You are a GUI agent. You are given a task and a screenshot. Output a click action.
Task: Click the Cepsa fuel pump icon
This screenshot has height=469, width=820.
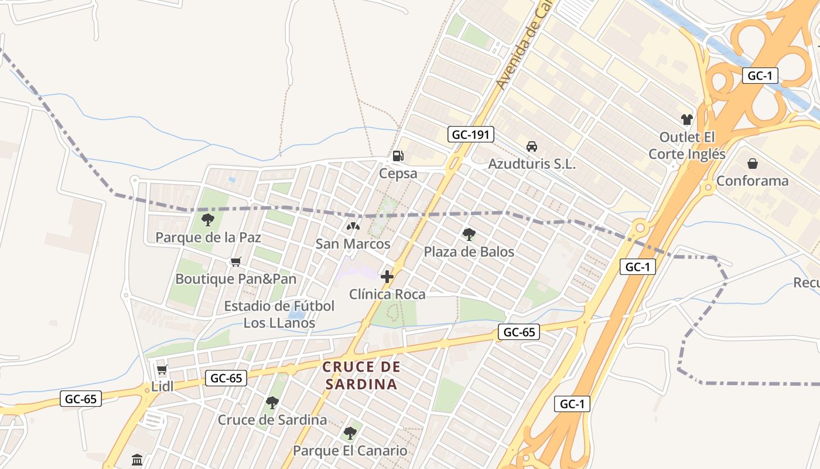point(398,156)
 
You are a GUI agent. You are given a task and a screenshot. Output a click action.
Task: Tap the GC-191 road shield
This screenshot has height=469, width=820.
point(471,134)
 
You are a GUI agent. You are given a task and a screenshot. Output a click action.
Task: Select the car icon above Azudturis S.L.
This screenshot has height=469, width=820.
point(532,147)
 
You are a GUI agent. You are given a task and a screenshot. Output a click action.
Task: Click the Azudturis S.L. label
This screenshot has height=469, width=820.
point(532,164)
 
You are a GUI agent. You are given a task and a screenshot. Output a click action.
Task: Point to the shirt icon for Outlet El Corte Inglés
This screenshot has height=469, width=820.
point(687,120)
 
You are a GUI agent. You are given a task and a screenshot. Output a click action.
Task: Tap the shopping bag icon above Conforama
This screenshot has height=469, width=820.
point(753,164)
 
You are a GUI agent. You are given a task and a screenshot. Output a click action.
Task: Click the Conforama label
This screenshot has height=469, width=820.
point(753,181)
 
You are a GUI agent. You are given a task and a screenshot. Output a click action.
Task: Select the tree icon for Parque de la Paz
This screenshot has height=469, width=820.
point(207,220)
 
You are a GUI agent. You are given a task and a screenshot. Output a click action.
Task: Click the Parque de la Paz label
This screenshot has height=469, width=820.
point(208,237)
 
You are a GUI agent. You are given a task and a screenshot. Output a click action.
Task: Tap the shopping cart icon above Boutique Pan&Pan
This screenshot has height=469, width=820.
point(236,262)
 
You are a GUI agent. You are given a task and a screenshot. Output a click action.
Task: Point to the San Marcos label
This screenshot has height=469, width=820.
point(353,244)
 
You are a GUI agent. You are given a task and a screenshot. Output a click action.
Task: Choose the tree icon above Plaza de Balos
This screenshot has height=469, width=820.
point(469,235)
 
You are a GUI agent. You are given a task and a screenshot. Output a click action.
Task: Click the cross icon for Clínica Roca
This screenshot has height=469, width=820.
point(387,277)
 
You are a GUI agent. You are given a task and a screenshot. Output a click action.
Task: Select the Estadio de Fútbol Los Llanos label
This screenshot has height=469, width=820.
point(279,314)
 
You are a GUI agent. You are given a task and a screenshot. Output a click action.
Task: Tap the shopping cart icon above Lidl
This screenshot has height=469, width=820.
point(162,369)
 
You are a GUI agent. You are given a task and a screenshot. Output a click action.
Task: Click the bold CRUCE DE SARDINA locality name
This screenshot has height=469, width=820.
point(361,376)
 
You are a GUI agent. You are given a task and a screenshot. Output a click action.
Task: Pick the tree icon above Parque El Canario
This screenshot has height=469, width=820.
point(350,433)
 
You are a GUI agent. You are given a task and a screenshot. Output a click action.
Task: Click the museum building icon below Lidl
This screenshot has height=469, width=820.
point(137,460)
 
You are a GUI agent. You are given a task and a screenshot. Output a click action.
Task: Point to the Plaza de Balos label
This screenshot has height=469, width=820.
point(469,252)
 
